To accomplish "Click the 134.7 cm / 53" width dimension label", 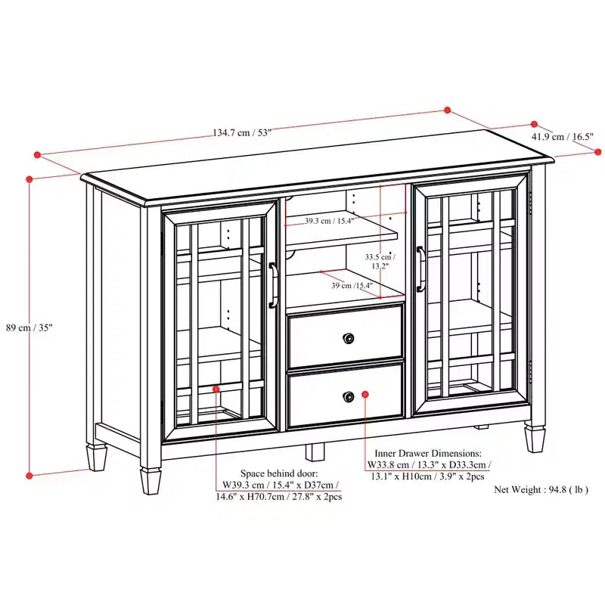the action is point(242,133).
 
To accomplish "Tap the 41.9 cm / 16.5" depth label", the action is point(562,136).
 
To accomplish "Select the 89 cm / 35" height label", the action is point(29,327).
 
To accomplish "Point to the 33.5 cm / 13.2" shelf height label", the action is point(380,261).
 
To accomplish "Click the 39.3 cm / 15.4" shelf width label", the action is point(329,221).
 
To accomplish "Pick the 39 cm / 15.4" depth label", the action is point(352,286).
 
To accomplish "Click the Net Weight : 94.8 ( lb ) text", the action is point(541,489).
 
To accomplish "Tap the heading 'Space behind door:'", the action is point(279,473).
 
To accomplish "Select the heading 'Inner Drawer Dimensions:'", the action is point(428,453).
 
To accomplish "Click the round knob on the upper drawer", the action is point(349,338).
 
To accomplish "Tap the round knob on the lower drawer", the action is point(349,396).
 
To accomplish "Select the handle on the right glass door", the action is point(420,268).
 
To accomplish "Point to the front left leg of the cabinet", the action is point(150,481).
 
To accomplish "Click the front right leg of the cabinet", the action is point(535,439).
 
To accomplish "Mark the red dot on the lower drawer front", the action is point(365,394).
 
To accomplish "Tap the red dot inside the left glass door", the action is point(216,389).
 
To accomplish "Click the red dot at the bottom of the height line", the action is point(29,476).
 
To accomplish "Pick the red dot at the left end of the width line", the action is point(37,155).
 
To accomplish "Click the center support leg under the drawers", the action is point(315,452).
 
